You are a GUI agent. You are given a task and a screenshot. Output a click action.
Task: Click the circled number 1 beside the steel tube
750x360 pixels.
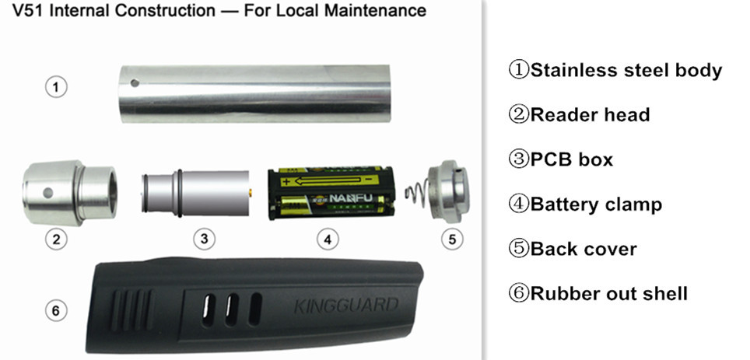click(x=56, y=88)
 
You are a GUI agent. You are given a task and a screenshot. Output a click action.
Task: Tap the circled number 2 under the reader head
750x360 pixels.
click(x=56, y=239)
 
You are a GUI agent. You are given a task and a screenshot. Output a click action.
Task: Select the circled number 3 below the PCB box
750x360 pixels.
click(x=205, y=239)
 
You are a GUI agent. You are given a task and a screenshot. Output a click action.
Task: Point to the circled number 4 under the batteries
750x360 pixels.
click(x=328, y=239)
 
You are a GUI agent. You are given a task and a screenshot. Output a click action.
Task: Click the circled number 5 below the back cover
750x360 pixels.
click(x=452, y=239)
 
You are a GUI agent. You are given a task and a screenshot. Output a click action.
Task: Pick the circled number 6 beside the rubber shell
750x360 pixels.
click(x=56, y=311)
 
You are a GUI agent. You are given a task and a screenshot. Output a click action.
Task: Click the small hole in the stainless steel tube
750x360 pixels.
click(x=135, y=83)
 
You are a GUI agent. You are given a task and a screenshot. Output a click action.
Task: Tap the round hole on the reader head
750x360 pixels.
click(x=47, y=193)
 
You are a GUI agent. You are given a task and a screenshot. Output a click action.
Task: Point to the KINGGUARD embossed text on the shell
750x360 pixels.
click(x=345, y=305)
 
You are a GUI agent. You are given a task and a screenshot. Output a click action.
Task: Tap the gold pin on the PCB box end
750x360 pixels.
click(x=251, y=193)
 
